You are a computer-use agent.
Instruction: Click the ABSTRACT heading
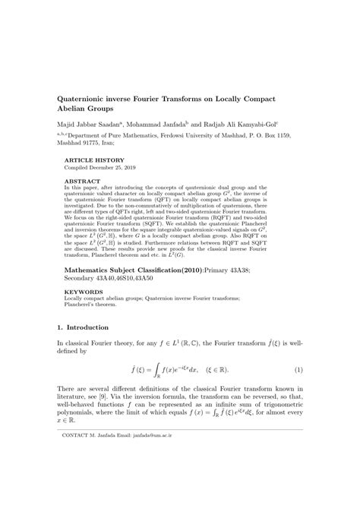[x=83, y=180]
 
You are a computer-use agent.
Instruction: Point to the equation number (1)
[x=298, y=370]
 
